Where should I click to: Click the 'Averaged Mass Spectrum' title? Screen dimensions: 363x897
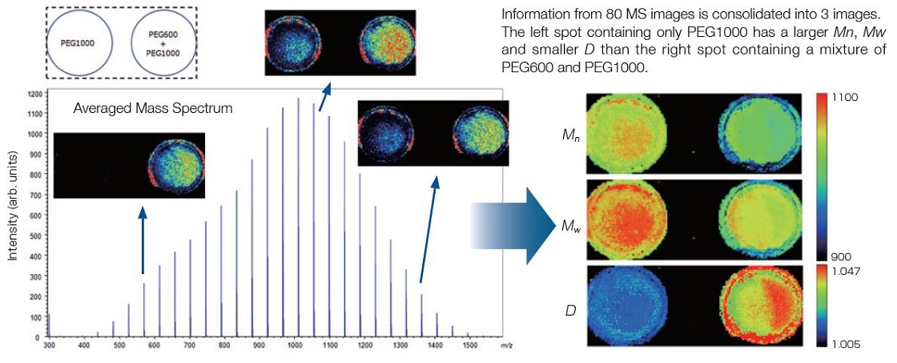[x=152, y=107]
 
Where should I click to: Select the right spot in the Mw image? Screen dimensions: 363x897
[x=757, y=219]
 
